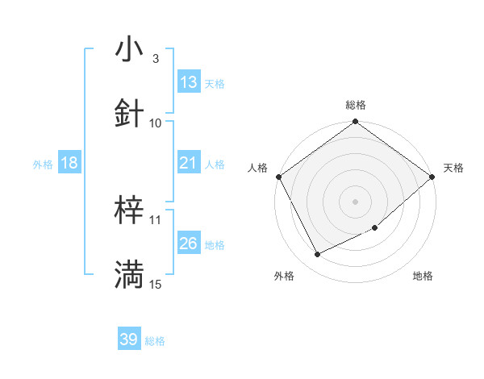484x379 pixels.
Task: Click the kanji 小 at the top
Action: point(129,50)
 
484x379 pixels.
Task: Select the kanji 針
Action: point(129,114)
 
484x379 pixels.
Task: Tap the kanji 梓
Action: point(129,211)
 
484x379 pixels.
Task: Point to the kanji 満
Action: point(129,275)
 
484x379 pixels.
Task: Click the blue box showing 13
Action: point(189,82)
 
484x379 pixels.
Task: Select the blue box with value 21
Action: point(189,163)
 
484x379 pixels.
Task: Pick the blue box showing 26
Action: point(189,244)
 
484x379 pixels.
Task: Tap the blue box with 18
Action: point(69,163)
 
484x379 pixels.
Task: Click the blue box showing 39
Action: point(129,339)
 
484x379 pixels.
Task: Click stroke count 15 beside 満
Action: point(156,284)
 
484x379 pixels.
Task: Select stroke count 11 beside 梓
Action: point(156,219)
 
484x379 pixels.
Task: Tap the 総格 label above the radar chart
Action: point(356,105)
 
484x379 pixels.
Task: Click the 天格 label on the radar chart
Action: point(453,168)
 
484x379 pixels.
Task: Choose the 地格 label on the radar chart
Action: point(423,277)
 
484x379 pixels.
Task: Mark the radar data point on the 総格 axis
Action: point(356,123)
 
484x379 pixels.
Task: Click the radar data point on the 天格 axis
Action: point(432,177)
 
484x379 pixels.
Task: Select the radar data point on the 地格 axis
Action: point(375,227)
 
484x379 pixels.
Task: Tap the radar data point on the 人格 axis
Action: point(279,177)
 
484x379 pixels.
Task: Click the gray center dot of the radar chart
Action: point(356,201)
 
